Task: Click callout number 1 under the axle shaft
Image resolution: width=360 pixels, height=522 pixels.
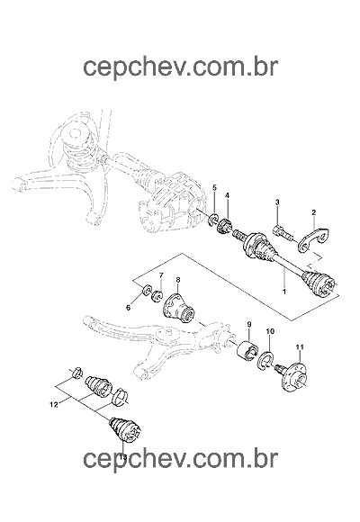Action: (x=284, y=292)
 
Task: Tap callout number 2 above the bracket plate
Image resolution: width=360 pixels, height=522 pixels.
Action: (x=314, y=212)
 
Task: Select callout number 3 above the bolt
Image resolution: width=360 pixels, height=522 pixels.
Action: (x=277, y=202)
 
